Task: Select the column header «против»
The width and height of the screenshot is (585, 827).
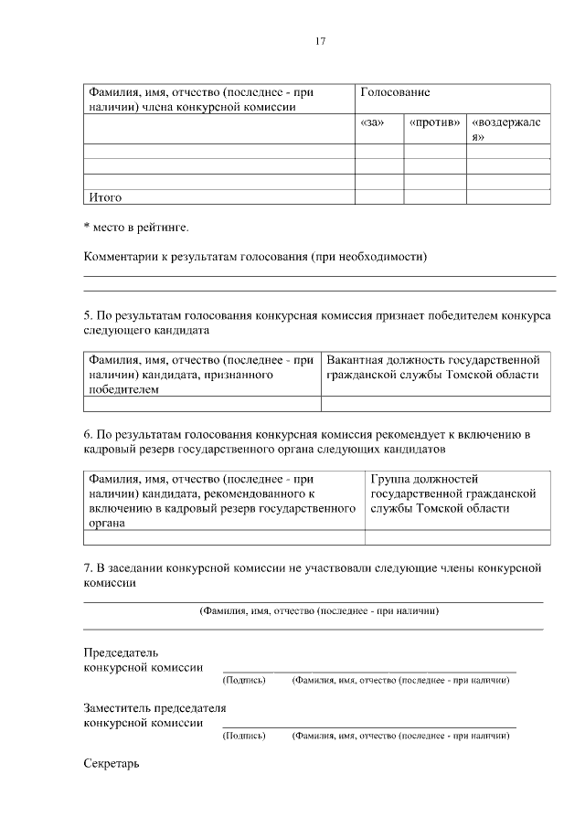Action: [x=434, y=122]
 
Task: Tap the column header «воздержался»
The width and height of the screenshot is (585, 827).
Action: [x=508, y=129]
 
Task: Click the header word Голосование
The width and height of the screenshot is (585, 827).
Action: [x=396, y=93]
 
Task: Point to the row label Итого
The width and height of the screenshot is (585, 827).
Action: [x=105, y=196]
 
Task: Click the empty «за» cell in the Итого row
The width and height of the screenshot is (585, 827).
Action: [x=378, y=196]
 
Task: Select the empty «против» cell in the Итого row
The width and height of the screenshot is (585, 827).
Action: [x=435, y=196]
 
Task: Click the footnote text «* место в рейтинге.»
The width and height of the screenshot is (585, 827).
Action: [x=136, y=226]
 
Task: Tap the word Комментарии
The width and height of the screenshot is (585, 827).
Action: [x=122, y=257]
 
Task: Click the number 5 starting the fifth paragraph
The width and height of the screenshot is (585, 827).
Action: [x=87, y=316]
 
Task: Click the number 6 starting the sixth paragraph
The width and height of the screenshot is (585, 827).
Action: [x=87, y=433]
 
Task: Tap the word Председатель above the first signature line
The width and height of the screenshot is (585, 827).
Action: [x=121, y=652]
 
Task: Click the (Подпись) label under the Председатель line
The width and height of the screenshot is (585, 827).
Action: [x=244, y=681]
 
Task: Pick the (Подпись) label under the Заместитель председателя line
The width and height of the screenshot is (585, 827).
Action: [x=244, y=735]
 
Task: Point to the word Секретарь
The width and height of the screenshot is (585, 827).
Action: [x=111, y=762]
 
